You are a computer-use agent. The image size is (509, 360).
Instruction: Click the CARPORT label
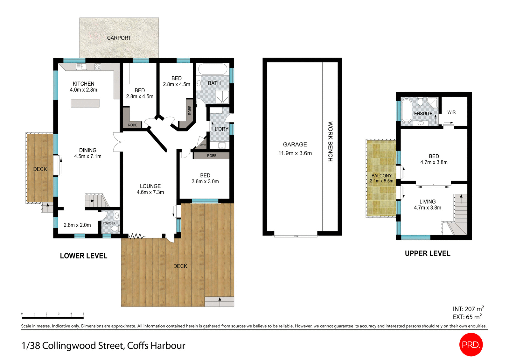119,38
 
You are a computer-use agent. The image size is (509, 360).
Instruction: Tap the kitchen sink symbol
81,67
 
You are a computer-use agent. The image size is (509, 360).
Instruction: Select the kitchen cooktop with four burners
98,67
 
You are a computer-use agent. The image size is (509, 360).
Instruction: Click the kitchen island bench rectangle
85,103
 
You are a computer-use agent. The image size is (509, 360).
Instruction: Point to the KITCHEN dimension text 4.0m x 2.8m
83,90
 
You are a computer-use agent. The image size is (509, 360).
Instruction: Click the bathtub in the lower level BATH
213,69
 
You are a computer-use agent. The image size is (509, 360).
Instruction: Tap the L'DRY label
221,129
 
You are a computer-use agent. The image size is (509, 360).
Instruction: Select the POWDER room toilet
115,228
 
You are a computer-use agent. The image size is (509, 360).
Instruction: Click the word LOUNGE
150,186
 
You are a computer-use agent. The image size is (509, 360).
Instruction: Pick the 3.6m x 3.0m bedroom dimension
205,181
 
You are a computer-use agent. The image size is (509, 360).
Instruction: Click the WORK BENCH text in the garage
330,141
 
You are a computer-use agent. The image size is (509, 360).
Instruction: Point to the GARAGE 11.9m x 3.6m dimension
295,153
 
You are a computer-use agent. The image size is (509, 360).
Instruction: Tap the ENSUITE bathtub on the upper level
406,110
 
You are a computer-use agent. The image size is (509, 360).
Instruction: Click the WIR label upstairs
451,112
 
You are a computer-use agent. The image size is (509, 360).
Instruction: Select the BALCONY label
381,176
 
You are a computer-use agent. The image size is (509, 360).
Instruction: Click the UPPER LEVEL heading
428,253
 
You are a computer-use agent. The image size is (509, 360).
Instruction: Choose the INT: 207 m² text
468,309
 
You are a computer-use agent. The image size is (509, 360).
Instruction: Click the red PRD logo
471,344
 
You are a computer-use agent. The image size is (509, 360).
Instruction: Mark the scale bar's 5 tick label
83,314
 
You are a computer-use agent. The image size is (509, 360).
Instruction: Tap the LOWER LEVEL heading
84,256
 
